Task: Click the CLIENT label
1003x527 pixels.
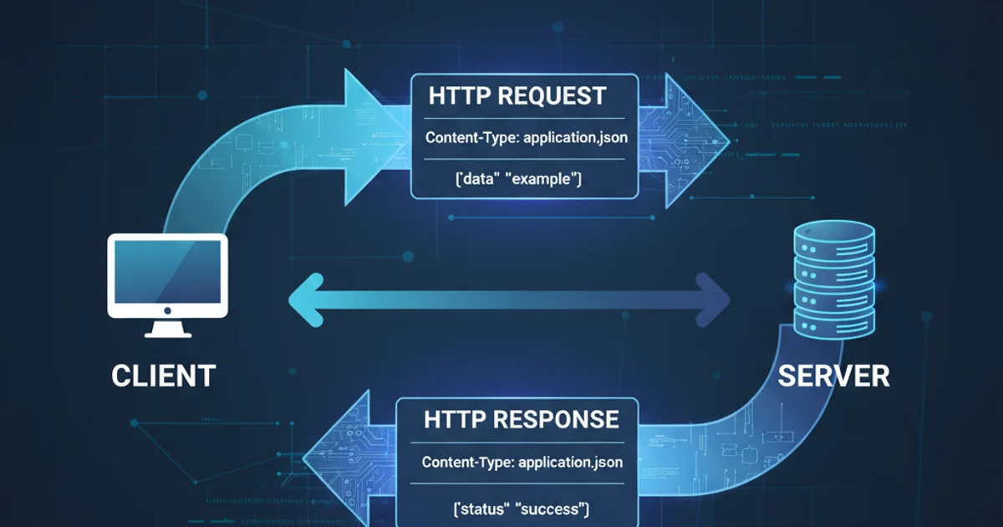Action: pos(164,375)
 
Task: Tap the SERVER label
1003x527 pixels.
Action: pos(833,375)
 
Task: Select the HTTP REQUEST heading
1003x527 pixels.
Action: pos(517,95)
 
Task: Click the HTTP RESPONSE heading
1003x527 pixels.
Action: pos(522,419)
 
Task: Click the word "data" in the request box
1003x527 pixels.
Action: pos(473,178)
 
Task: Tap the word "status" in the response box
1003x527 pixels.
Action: pos(473,508)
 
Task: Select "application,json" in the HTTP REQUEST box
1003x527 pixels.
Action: pos(573,137)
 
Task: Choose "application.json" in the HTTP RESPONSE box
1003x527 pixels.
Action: pos(570,462)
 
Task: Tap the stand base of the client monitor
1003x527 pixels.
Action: pos(167,332)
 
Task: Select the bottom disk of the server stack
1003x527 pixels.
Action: pos(833,323)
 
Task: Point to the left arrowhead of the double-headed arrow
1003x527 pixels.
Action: pos(305,299)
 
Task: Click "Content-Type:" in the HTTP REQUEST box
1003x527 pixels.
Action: pos(471,137)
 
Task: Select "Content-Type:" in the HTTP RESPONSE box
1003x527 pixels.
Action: pos(467,462)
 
